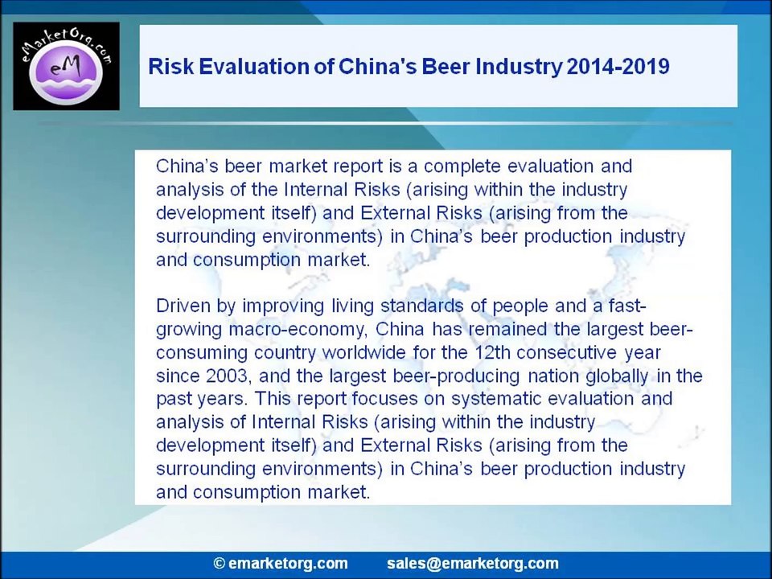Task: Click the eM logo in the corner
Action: coord(66,66)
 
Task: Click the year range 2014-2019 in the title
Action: coord(618,67)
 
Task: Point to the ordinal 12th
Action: coord(493,352)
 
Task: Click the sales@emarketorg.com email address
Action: coord(473,564)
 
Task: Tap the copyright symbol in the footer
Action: coord(220,563)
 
